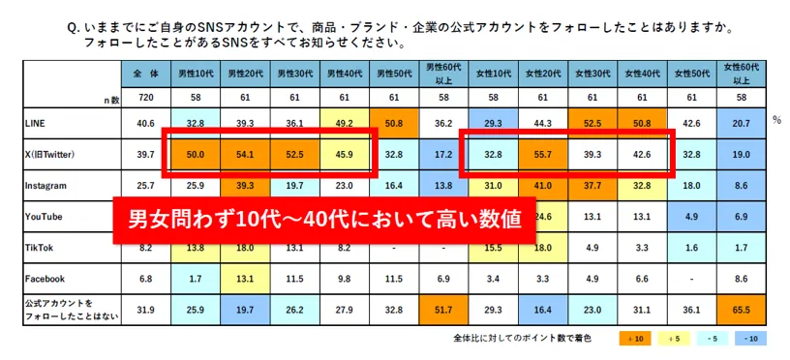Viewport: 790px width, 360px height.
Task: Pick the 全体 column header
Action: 146,73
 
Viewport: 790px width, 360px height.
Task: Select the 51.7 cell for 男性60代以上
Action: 442,311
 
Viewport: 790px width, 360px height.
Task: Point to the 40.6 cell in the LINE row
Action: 146,124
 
